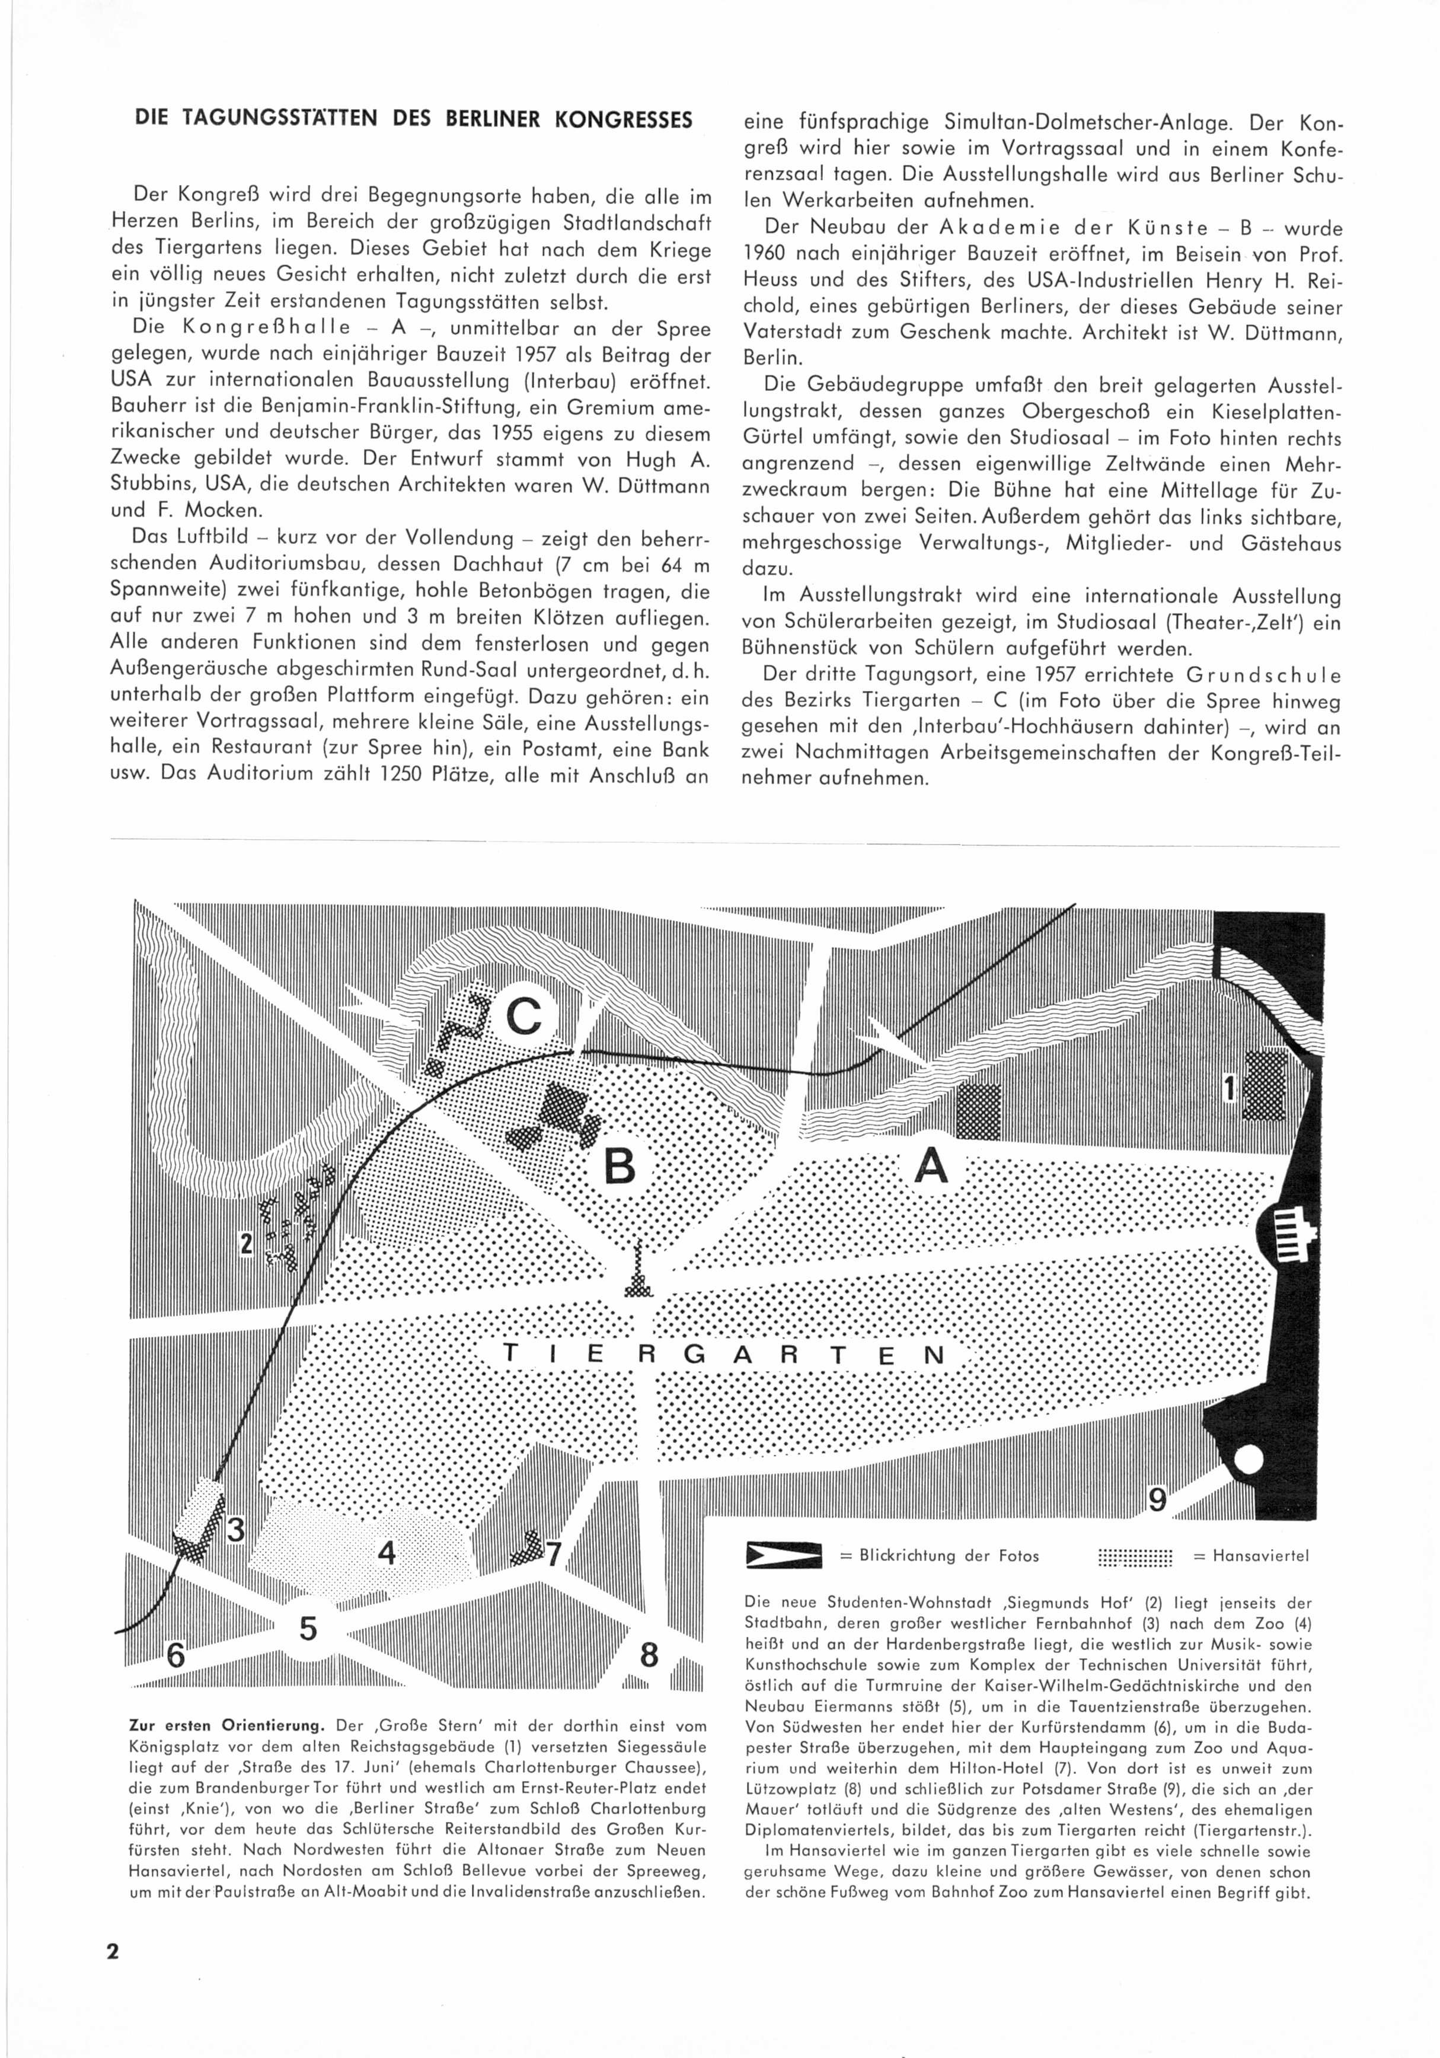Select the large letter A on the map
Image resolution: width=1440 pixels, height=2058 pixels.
click(931, 1166)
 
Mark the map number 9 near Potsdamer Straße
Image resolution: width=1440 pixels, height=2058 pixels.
click(1158, 1499)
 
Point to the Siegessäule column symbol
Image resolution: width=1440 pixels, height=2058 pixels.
click(638, 1271)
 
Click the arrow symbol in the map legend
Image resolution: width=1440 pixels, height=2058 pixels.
click(783, 1556)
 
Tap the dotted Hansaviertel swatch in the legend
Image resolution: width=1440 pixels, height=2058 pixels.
click(1135, 1557)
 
